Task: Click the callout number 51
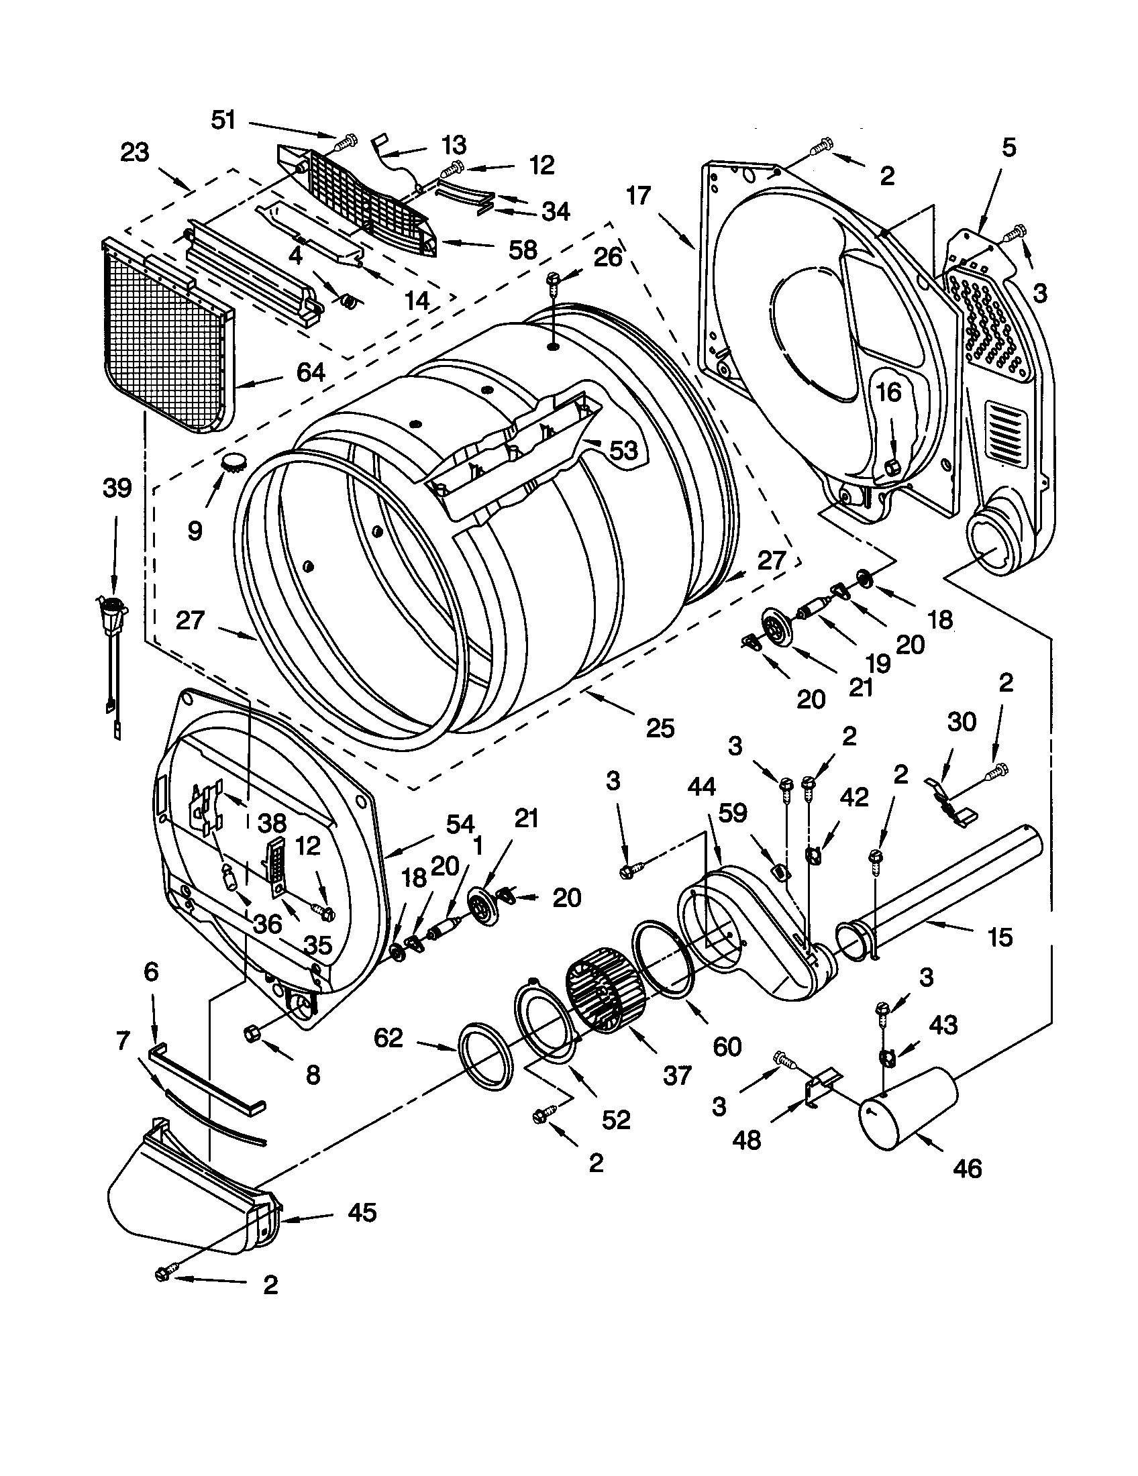[223, 120]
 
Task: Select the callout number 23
[134, 153]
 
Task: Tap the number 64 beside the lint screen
[310, 372]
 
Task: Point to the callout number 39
[116, 488]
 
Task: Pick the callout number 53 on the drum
[623, 450]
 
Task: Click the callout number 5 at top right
[1008, 148]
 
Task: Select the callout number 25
[660, 729]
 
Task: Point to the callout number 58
[523, 250]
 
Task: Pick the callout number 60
[727, 1046]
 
